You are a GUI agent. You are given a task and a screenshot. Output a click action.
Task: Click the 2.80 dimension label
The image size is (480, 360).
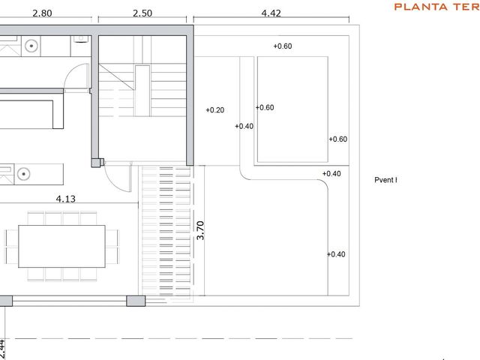(x=42, y=13)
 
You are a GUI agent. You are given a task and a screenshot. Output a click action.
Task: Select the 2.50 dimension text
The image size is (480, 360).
(x=142, y=13)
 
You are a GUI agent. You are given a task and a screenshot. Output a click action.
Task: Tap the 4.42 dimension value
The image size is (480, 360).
(x=271, y=13)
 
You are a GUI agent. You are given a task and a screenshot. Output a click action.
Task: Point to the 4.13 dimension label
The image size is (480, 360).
(x=66, y=199)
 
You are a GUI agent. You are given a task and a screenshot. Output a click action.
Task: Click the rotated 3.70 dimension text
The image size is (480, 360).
(x=200, y=230)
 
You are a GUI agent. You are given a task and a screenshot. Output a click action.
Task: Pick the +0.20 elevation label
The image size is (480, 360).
(x=215, y=110)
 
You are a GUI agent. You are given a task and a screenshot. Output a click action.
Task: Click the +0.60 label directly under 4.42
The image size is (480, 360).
(x=283, y=46)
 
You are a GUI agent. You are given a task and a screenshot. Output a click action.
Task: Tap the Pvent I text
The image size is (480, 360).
(x=385, y=180)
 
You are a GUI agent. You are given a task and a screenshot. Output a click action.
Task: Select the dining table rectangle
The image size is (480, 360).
(x=61, y=247)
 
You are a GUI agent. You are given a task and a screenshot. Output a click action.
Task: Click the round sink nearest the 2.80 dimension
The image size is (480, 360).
(x=31, y=46)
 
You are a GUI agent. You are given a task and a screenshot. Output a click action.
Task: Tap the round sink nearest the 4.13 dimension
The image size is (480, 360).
(x=23, y=174)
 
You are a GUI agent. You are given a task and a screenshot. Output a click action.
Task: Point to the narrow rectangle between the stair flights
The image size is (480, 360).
(x=142, y=91)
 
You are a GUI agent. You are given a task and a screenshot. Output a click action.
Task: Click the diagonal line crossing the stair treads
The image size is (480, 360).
(x=117, y=76)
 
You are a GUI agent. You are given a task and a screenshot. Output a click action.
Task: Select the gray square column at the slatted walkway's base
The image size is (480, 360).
(x=136, y=301)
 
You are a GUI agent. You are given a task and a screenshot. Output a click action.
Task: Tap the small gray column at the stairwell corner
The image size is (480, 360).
(x=96, y=163)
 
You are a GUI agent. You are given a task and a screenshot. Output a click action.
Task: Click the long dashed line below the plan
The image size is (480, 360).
(x=184, y=338)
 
